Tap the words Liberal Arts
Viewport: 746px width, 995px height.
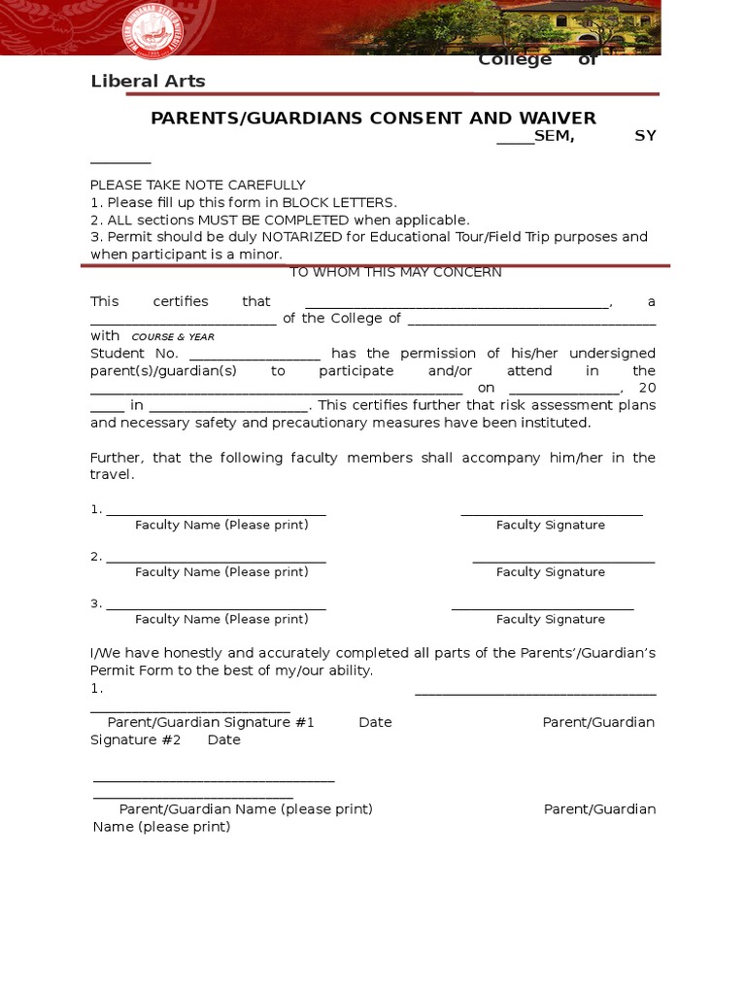pos(148,82)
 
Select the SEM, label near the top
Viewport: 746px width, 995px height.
pos(554,136)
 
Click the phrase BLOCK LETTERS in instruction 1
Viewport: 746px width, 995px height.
pos(337,202)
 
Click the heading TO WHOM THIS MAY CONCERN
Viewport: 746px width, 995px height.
pos(395,272)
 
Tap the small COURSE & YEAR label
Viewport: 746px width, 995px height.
pos(173,337)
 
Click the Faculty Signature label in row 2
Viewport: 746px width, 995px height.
pos(550,572)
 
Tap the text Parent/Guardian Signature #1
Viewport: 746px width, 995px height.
pos(210,723)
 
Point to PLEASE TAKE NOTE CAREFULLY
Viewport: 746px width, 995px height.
pos(197,185)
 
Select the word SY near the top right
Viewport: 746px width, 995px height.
pos(645,136)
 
